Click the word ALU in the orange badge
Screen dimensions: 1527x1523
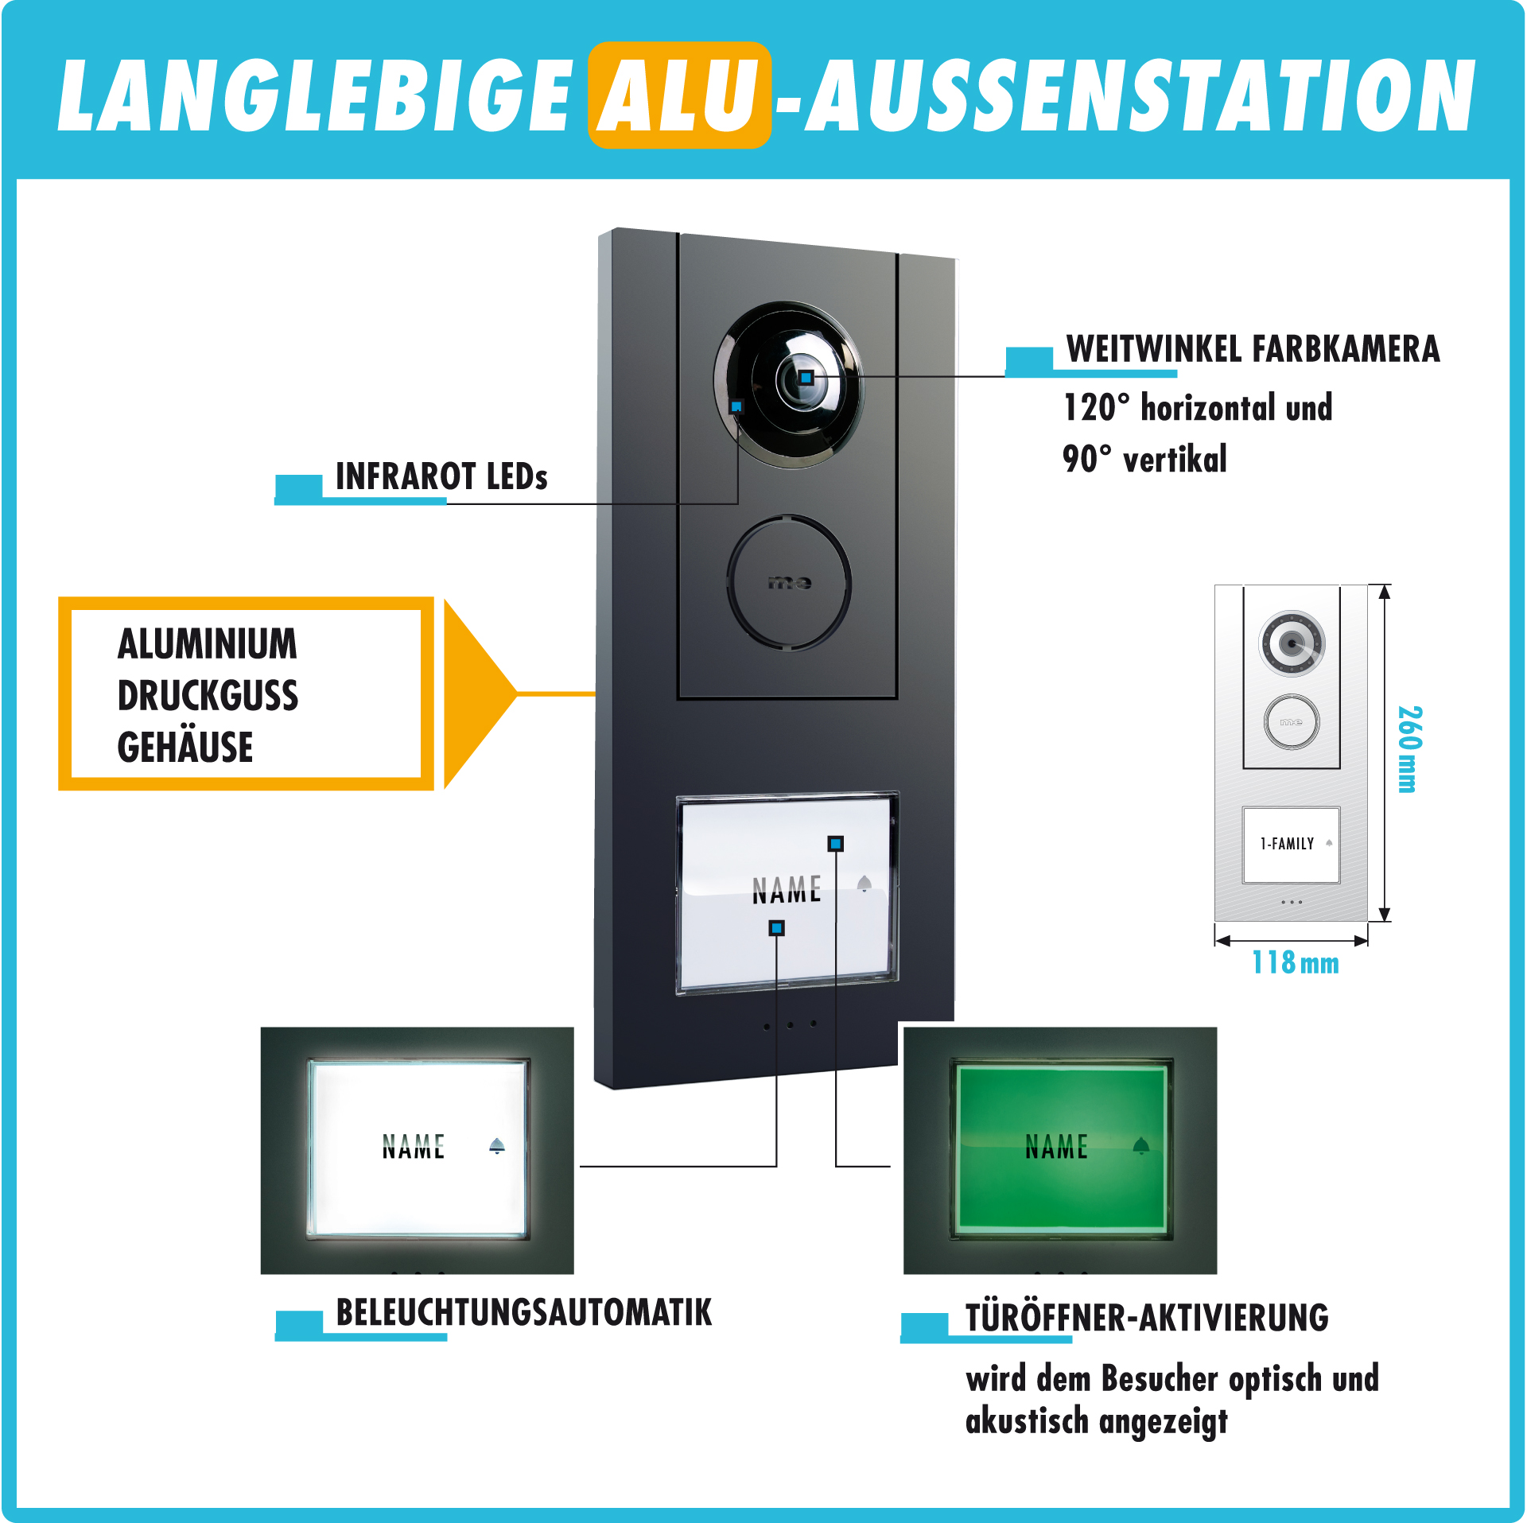(678, 95)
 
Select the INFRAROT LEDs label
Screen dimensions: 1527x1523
(441, 476)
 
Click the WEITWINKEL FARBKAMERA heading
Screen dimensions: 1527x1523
(1253, 349)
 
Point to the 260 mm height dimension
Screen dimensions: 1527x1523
(1409, 749)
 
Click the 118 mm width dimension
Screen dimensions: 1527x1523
(1296, 962)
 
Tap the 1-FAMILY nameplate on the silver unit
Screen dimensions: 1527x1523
(1292, 845)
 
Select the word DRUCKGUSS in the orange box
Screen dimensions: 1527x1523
(208, 696)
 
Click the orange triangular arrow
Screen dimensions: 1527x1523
(480, 694)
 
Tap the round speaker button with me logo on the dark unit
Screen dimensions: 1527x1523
(789, 583)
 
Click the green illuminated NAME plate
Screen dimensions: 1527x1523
(1061, 1148)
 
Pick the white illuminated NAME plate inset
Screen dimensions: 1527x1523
(418, 1148)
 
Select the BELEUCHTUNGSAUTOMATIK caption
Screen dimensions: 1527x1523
(523, 1313)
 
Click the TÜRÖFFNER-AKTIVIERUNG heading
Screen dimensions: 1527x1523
(1147, 1316)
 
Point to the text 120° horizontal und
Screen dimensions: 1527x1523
(1198, 407)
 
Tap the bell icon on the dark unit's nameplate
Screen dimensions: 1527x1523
(865, 884)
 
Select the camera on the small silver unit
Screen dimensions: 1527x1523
(1292, 643)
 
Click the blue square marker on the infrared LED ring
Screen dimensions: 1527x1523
(736, 406)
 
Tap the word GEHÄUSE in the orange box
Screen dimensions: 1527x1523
(185, 747)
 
